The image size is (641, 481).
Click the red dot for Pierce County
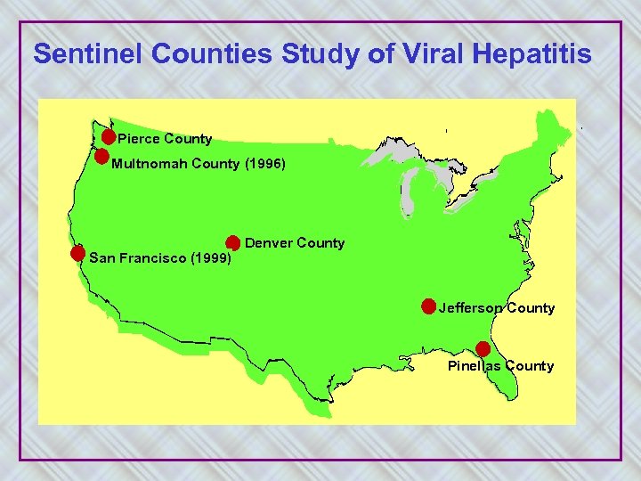[x=108, y=137]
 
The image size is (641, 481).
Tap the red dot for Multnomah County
[x=102, y=157]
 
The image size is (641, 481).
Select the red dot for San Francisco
[x=78, y=253]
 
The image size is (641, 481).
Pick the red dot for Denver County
[x=232, y=242]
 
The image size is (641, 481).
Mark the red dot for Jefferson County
[x=428, y=307]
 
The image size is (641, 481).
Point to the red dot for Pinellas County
[x=483, y=349]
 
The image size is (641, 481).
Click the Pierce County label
[x=166, y=139]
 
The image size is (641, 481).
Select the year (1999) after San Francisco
[x=211, y=258]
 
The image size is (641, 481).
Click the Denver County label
[x=295, y=243]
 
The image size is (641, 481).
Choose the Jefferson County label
[x=497, y=308]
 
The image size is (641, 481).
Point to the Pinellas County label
[x=500, y=366]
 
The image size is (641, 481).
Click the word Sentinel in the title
[x=89, y=54]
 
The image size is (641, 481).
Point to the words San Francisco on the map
[x=139, y=258]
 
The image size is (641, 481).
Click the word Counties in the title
[x=214, y=54]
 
